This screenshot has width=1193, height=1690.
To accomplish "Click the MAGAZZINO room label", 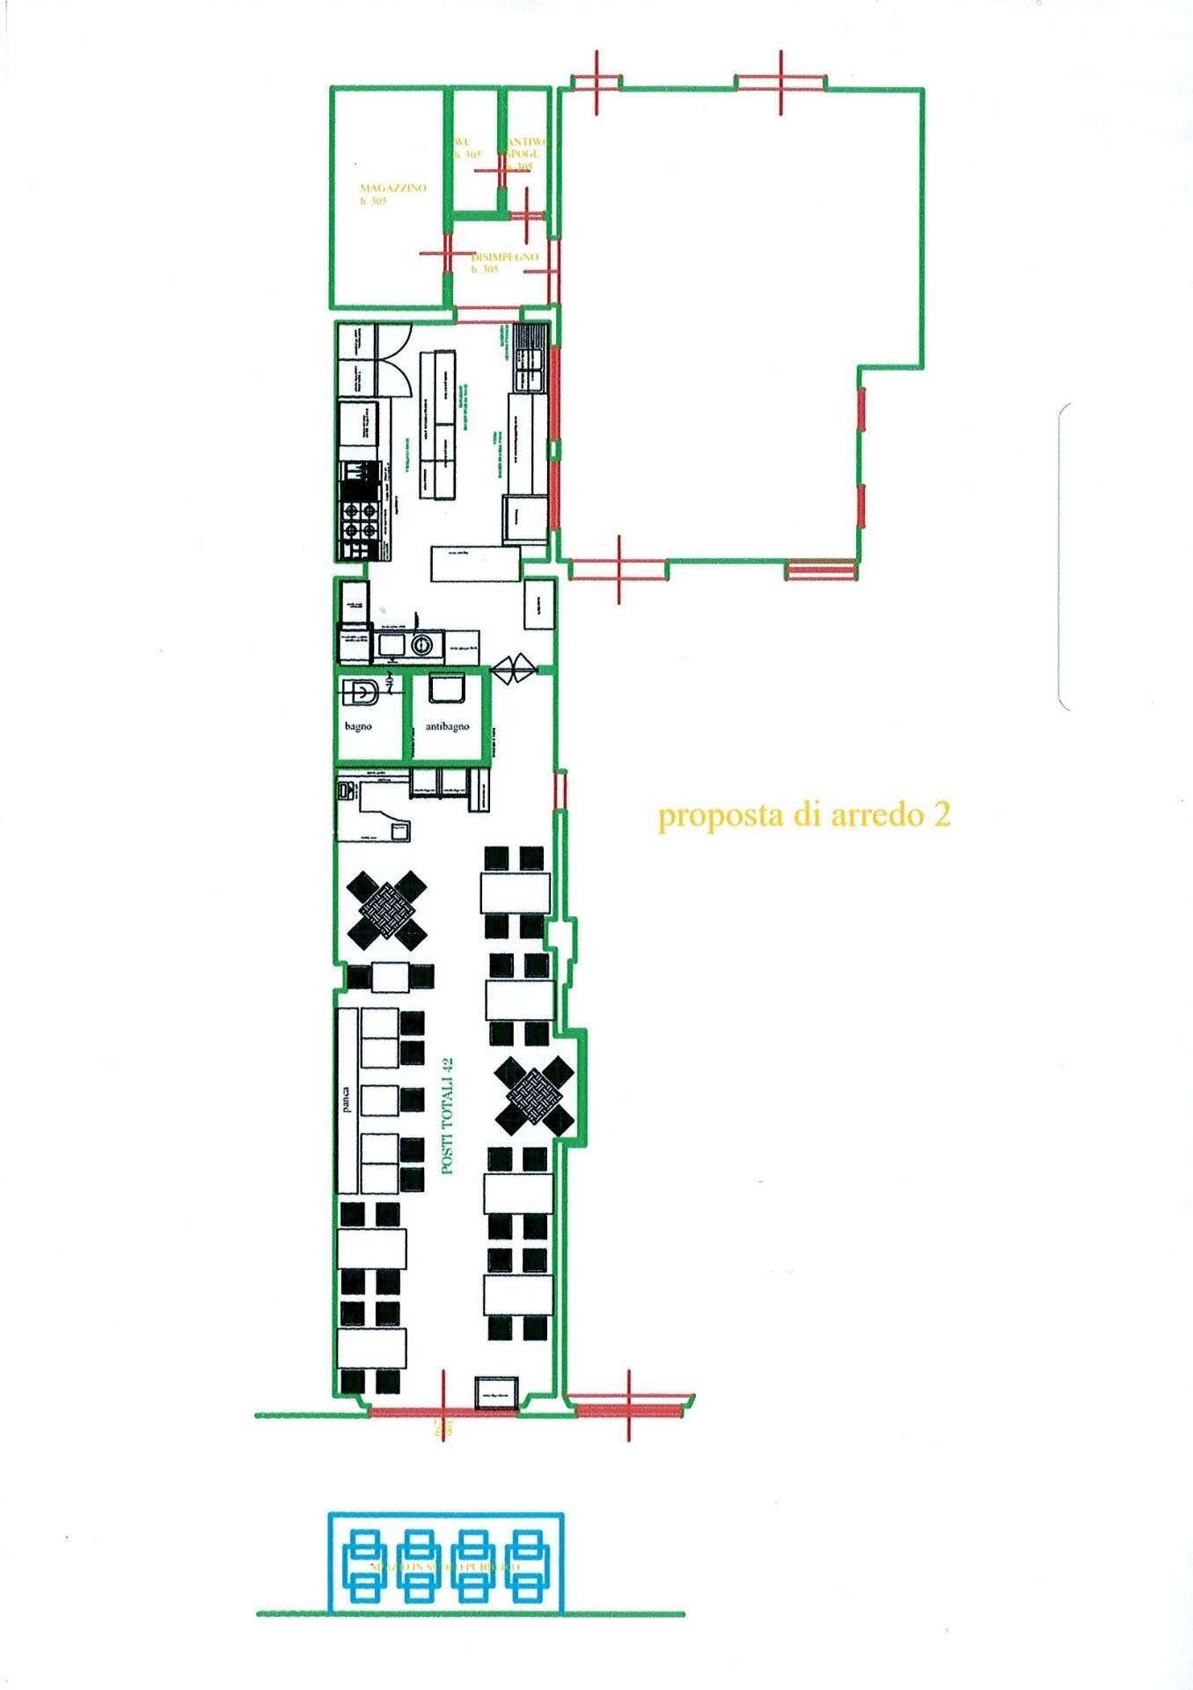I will pos(392,188).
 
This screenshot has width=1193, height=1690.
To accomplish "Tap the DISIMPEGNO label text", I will pos(505,257).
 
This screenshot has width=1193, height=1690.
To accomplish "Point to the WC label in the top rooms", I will pos(463,142).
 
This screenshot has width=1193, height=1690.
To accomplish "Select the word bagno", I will pos(358,726).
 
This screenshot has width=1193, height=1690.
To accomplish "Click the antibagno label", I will pos(447,726).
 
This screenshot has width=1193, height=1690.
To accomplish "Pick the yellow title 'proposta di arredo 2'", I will pos(804,815).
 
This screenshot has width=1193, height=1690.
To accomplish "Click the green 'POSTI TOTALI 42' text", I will pos(447,1115).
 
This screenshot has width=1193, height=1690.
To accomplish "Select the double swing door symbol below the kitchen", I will pos(513,669).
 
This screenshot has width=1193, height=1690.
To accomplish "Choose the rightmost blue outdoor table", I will pos(527,1568).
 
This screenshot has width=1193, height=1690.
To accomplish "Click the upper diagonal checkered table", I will pos(386,909).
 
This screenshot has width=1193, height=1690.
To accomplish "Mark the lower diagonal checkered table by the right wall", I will pos(534,1094).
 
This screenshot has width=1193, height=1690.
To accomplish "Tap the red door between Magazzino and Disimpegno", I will pos(446,253).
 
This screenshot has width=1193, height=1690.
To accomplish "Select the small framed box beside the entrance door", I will pos(494,1393).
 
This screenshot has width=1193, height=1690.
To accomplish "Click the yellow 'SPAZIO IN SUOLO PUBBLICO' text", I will pos(445,1568).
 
